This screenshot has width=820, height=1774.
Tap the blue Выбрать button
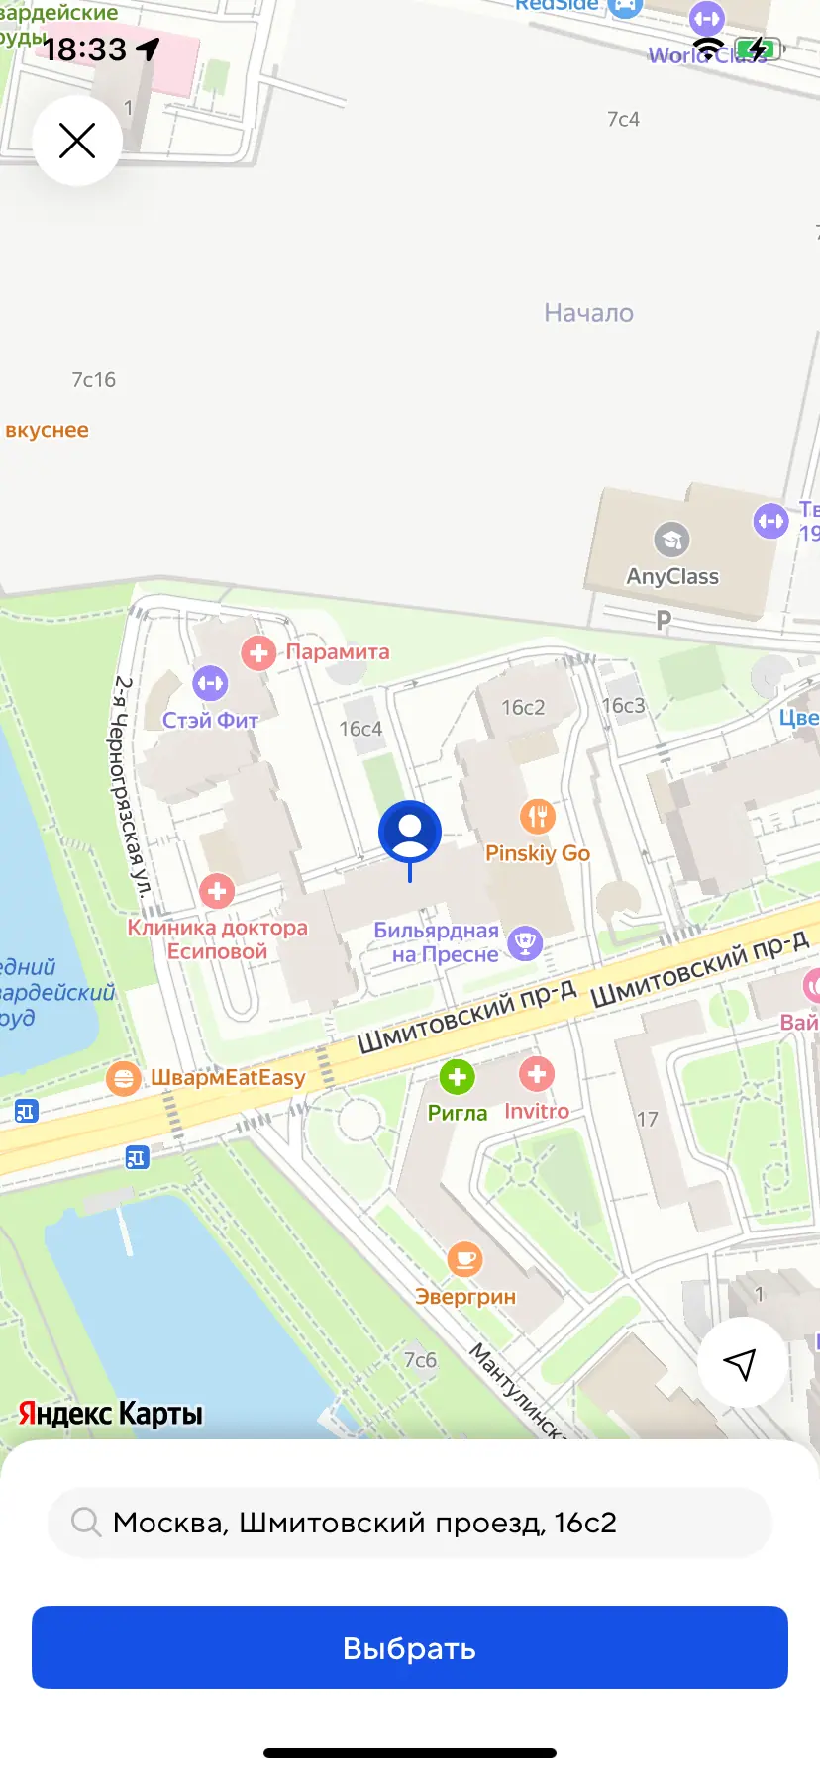click(x=409, y=1647)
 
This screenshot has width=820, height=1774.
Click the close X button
click(x=77, y=141)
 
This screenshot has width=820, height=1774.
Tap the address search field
click(x=409, y=1522)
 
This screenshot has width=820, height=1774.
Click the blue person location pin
click(x=409, y=833)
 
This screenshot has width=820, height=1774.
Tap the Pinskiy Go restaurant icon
click(x=537, y=817)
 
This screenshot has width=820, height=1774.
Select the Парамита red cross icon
click(x=258, y=652)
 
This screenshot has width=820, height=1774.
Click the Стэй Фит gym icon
click(x=210, y=683)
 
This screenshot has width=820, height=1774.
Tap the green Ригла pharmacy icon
click(x=457, y=1077)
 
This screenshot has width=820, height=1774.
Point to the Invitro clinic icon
click(x=536, y=1074)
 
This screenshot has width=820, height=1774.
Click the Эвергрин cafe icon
click(x=464, y=1260)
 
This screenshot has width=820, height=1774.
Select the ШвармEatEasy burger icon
click(x=123, y=1077)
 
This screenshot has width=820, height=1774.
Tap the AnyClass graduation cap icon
click(x=671, y=540)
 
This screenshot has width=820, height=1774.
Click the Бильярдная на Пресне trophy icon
click(x=525, y=942)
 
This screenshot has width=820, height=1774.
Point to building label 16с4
click(x=360, y=729)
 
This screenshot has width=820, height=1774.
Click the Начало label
click(x=588, y=313)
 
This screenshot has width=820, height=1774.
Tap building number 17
click(x=647, y=1119)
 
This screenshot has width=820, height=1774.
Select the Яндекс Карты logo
click(x=110, y=1413)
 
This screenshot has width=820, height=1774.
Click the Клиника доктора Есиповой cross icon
click(x=217, y=891)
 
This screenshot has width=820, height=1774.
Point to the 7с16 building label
click(x=93, y=379)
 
